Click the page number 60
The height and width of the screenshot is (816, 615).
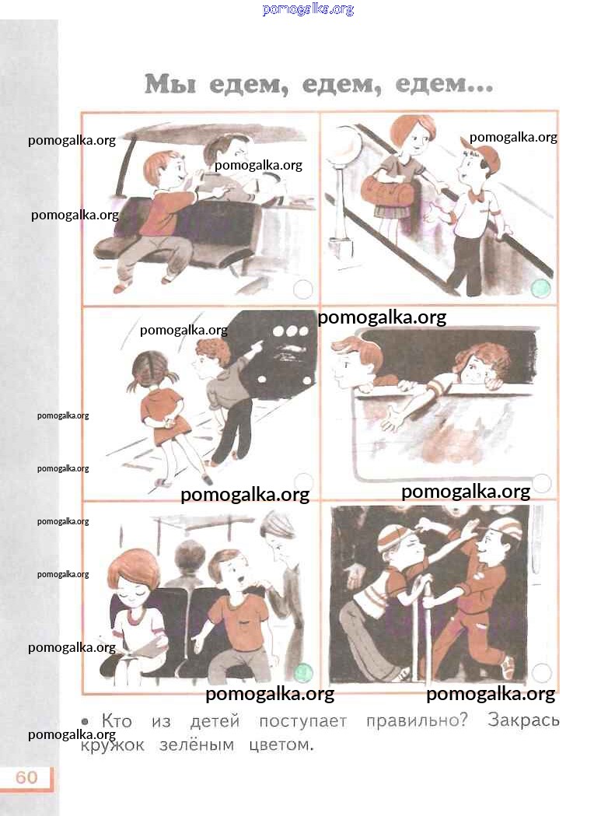coord(26,777)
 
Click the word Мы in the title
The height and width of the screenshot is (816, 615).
coord(170,84)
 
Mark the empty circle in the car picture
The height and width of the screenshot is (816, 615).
coord(303,289)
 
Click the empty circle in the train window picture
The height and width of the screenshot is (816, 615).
coord(542,483)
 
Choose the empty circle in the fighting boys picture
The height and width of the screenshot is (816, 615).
coord(541,673)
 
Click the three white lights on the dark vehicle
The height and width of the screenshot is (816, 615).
coord(290,331)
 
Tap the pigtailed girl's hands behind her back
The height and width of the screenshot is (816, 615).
coord(168,419)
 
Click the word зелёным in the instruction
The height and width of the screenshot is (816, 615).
coord(197,744)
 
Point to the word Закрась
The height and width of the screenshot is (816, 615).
coord(523,720)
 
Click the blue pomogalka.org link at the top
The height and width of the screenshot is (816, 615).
coord(308,9)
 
